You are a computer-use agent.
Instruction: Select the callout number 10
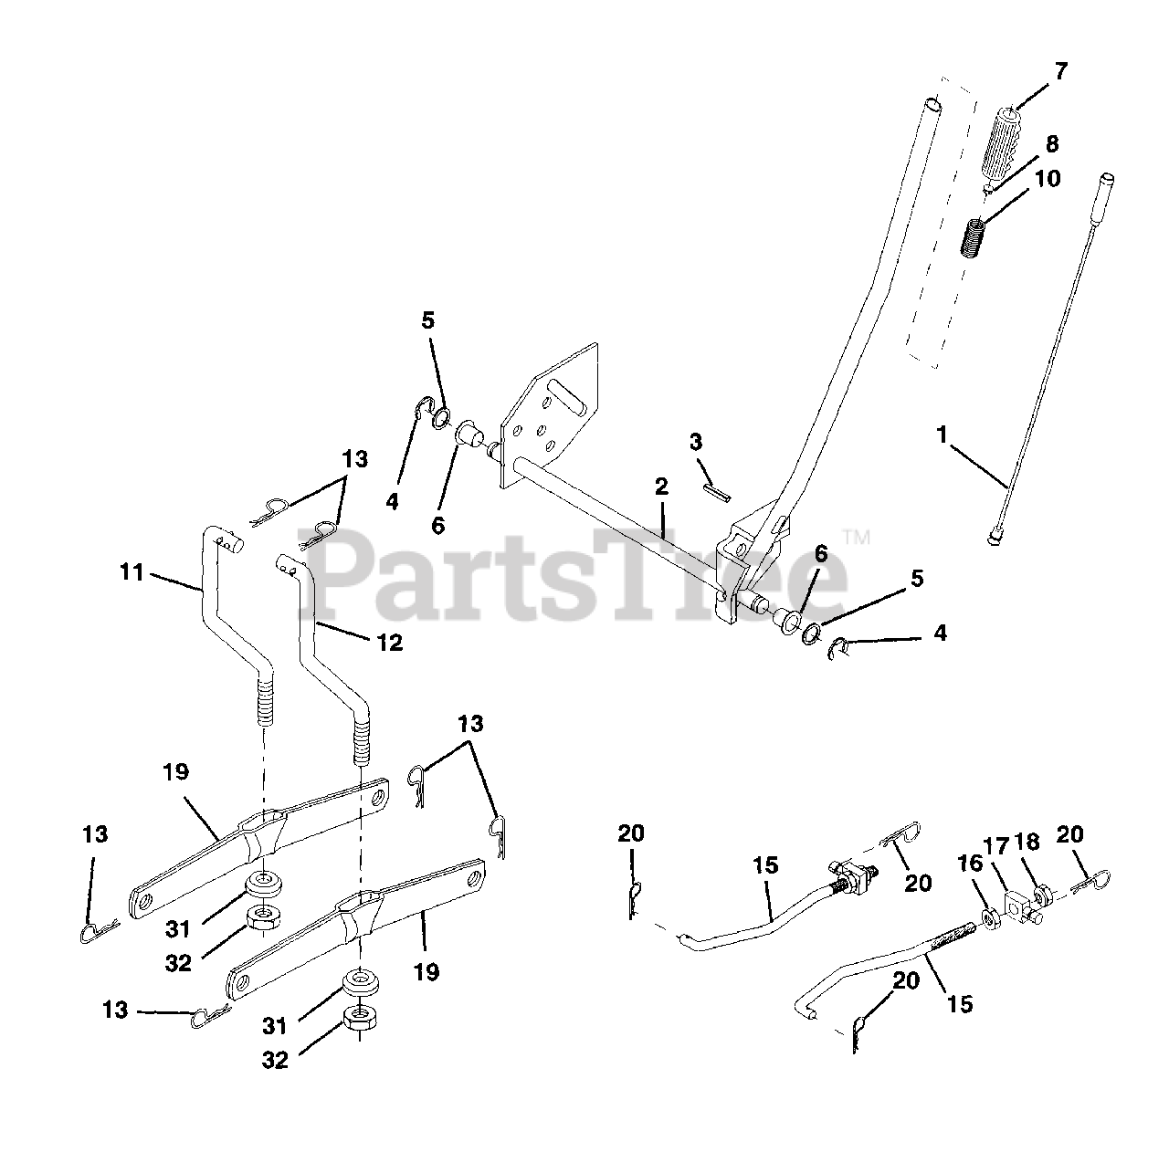click(1047, 179)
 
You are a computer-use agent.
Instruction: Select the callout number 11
click(132, 572)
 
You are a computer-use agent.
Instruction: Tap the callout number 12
click(389, 643)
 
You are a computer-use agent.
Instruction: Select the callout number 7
click(1060, 72)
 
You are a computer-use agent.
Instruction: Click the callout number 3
click(696, 443)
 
